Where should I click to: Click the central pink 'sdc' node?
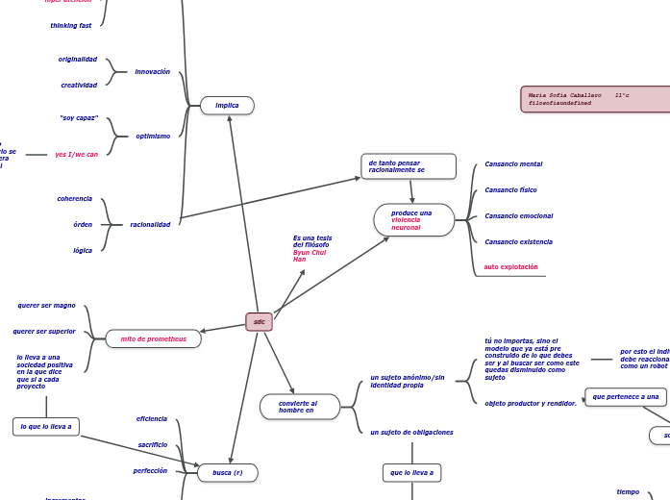click(x=259, y=322)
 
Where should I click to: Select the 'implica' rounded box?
click(x=227, y=106)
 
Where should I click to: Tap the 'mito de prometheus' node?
click(x=153, y=338)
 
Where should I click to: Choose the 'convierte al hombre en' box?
click(x=299, y=407)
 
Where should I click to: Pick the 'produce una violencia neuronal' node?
click(x=413, y=219)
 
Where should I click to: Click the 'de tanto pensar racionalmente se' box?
click(x=408, y=166)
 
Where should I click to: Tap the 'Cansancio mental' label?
click(x=513, y=164)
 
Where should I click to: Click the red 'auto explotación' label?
click(x=510, y=267)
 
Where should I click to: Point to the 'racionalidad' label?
click(x=150, y=225)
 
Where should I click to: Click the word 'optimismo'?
click(x=153, y=137)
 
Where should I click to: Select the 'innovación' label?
click(x=152, y=72)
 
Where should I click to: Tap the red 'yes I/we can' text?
click(x=76, y=154)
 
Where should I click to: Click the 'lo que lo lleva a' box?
click(x=45, y=426)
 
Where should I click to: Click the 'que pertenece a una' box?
click(x=625, y=396)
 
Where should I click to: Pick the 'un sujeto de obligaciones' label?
click(x=411, y=433)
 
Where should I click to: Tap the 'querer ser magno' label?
click(x=46, y=306)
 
